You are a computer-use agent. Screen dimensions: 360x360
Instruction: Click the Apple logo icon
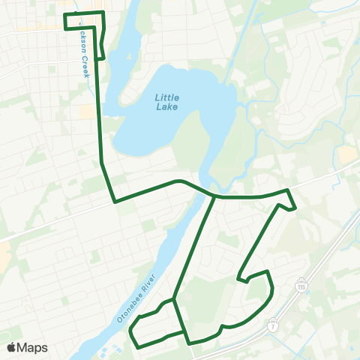pyautogui.click(x=12, y=347)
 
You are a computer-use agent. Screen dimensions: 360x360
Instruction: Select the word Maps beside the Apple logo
pyautogui.click(x=33, y=347)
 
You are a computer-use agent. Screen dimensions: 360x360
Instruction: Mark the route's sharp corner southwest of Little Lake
pyautogui.click(x=114, y=202)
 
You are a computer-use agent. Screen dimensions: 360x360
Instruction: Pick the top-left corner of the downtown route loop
pyautogui.click(x=64, y=15)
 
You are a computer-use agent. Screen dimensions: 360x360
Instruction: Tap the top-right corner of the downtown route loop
pyautogui.click(x=102, y=13)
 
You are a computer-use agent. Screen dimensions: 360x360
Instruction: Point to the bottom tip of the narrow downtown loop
pyautogui.click(x=101, y=58)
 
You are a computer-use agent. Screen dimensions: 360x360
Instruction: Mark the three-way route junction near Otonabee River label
pyautogui.click(x=173, y=299)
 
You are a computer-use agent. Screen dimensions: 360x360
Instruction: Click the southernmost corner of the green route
pyautogui.click(x=190, y=343)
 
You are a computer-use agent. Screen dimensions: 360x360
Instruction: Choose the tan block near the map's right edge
pyautogui.click(x=347, y=154)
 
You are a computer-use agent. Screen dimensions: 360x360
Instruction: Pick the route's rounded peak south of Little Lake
pyautogui.click(x=178, y=181)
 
